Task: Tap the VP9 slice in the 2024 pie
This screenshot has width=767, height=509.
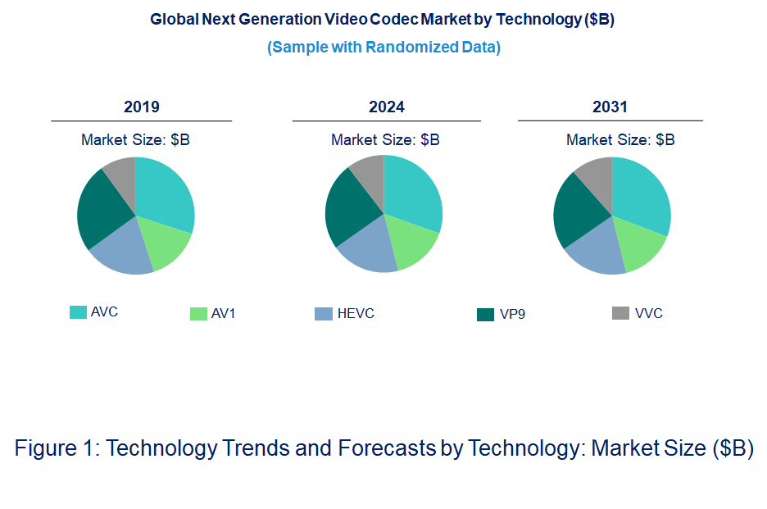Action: (x=348, y=205)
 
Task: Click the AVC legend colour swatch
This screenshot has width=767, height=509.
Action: (x=78, y=312)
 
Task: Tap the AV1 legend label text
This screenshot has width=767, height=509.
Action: (x=223, y=314)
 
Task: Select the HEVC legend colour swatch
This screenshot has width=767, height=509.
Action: (x=324, y=314)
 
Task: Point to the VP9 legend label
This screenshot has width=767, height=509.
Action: (x=512, y=315)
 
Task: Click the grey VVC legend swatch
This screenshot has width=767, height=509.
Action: (x=620, y=313)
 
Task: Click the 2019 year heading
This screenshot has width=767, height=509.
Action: (x=141, y=107)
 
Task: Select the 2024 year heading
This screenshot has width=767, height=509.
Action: (x=386, y=107)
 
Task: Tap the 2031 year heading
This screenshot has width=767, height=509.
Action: (x=610, y=107)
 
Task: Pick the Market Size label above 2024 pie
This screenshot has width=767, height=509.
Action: (x=385, y=140)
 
